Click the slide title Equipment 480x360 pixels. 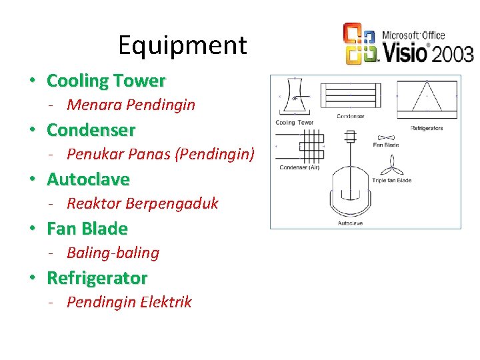tap(182, 45)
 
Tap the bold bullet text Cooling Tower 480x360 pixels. tap(105, 81)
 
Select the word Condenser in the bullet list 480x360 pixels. tap(91, 130)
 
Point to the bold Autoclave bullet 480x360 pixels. tap(88, 179)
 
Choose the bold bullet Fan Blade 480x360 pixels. tap(87, 229)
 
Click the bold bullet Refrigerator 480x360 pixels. tap(97, 278)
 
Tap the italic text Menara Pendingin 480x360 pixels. tap(131, 105)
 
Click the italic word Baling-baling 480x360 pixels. tap(113, 253)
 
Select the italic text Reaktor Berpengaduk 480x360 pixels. tap(142, 203)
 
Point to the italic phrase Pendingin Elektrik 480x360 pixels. tap(129, 302)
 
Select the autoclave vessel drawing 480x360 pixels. tap(351, 187)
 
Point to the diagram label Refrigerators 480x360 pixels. tap(427, 127)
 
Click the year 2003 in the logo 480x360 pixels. tap(453, 53)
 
